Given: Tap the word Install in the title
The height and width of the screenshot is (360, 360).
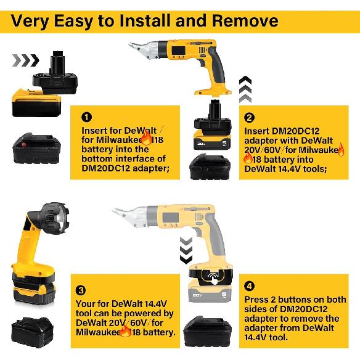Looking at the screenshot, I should (x=148, y=20).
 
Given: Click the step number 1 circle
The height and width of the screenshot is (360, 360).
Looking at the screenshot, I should (x=87, y=117).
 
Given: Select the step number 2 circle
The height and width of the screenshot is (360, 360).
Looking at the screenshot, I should (x=250, y=117).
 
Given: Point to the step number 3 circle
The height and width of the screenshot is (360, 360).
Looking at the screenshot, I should (x=81, y=290).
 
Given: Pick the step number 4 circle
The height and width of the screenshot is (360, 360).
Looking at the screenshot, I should (x=249, y=285).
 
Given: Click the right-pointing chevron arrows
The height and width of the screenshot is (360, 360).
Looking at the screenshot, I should (x=26, y=60).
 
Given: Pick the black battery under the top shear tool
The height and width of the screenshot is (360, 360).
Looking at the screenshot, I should (x=210, y=166).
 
